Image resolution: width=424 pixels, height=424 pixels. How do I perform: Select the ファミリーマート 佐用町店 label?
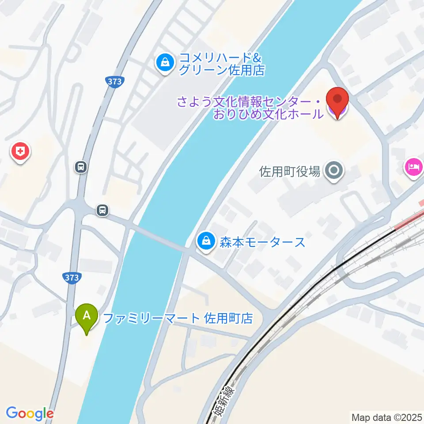click(178, 318)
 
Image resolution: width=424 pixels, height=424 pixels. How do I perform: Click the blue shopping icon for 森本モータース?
click(206, 242)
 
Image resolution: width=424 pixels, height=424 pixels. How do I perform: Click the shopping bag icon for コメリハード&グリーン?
click(165, 63)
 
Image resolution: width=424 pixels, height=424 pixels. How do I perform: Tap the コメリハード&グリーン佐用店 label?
click(221, 64)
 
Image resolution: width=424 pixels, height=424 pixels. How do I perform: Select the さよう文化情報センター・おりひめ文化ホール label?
click(250, 108)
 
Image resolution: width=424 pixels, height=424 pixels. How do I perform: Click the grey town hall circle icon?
click(334, 171)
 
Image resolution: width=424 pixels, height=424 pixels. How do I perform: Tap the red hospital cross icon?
click(20, 153)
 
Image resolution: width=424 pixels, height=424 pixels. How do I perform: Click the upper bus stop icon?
click(81, 167)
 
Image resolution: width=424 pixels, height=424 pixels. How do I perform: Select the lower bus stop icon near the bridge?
click(102, 210)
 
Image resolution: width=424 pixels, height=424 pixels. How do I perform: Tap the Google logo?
click(30, 413)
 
